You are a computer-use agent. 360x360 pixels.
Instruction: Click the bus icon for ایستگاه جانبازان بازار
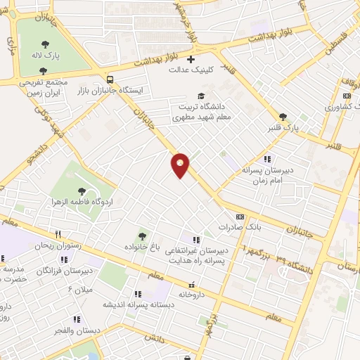[110, 78]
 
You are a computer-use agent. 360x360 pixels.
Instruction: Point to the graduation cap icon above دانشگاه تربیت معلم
[201, 96]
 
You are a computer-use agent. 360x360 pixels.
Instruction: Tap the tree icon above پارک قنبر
[283, 117]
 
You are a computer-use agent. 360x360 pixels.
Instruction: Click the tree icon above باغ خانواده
[143, 236]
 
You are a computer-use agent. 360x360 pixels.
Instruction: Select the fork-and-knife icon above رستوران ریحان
[58, 234]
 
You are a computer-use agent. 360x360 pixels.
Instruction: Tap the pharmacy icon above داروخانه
[191, 285]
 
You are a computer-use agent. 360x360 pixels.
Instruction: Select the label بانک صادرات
[234, 228]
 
